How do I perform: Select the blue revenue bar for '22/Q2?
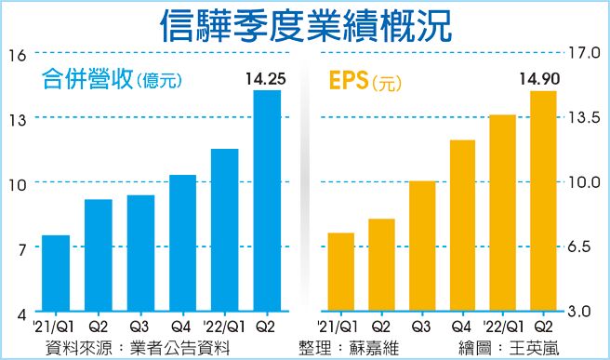coord(268,200)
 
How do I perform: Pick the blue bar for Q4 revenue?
coord(183,243)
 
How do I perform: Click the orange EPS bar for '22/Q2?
coord(542,200)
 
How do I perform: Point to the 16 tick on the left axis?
coord(16,54)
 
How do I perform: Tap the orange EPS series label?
coord(346,81)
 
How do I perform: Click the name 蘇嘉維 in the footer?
coord(382,347)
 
